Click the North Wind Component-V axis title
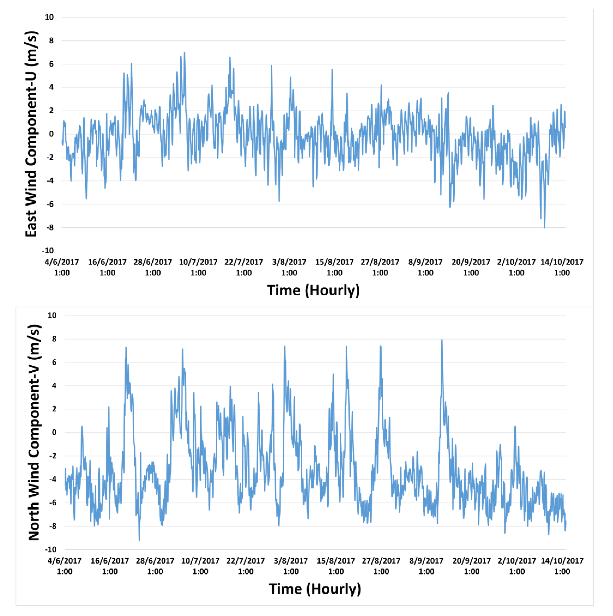[34, 433]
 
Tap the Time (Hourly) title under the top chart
[313, 290]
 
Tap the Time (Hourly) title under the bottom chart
[315, 589]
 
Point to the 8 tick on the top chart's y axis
[51, 41]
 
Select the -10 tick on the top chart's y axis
[48, 251]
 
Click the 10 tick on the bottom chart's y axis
[52, 315]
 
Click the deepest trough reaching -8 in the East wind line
[544, 227]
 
